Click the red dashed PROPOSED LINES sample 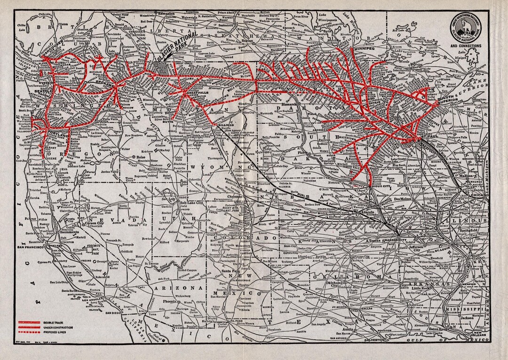point(29,331)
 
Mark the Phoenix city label point(170,301)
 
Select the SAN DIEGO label point(114,312)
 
